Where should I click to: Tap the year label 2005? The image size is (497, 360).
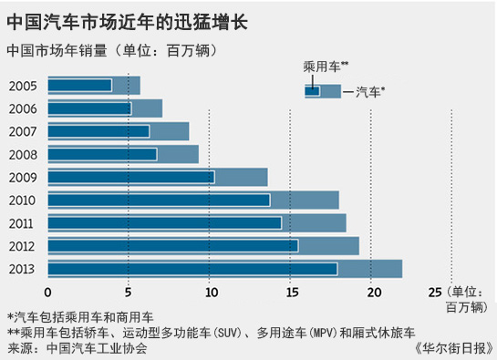pos(23,85)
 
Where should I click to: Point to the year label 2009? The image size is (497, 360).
pos(23,177)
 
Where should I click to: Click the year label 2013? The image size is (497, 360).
pos(23,269)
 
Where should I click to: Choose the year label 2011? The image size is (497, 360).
pos(23,222)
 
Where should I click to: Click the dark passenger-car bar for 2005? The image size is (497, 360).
pos(79,85)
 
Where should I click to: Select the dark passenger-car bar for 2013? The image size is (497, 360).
pos(192,269)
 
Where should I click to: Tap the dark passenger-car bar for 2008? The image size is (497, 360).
pos(101,154)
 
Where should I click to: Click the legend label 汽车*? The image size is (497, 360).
pos(365,90)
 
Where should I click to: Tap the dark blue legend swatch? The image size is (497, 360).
pos(312,90)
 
